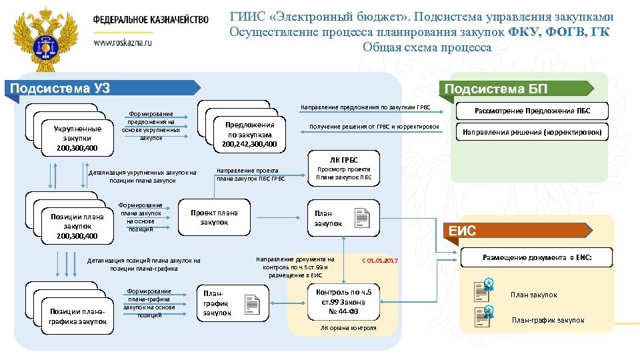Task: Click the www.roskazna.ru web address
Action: (123, 41)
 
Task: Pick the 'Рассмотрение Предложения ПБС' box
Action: (531, 111)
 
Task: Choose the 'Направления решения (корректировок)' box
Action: (531, 132)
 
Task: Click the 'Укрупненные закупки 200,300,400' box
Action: (78, 138)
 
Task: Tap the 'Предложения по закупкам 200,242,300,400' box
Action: (249, 134)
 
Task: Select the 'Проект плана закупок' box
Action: (214, 217)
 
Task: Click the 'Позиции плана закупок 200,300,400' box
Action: (77, 225)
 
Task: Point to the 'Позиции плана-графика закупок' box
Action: (77, 316)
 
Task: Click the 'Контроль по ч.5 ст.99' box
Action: (347, 301)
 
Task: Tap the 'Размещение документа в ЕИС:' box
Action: (537, 257)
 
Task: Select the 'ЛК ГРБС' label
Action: (344, 159)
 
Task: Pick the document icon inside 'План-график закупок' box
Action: (252, 304)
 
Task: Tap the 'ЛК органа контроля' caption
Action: (348, 327)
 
